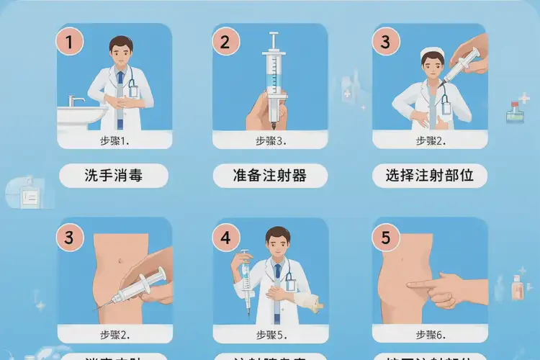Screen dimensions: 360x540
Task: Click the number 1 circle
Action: (69, 41)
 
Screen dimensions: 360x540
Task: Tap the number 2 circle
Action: (225, 41)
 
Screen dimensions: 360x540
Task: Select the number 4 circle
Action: (225, 237)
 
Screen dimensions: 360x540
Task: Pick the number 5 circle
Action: (385, 237)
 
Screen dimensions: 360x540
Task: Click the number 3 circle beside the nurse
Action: (385, 41)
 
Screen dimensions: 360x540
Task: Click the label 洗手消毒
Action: (113, 176)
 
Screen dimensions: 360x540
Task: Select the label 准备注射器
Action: (270, 176)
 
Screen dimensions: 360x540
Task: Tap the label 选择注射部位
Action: (429, 176)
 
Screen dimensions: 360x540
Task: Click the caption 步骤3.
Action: (271, 141)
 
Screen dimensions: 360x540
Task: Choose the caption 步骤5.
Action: (271, 335)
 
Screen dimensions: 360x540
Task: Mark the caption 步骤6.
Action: (431, 335)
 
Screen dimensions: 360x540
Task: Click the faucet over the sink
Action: (75, 99)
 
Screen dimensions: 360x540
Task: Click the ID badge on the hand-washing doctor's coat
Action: (134, 90)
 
